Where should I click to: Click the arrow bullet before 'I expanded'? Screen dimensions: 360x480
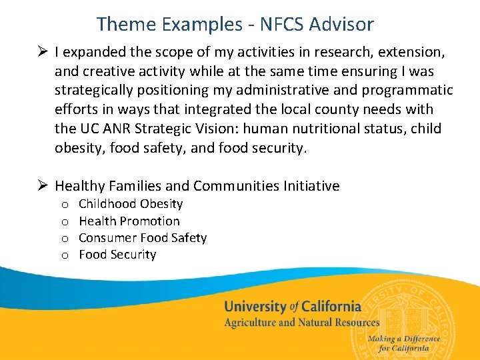tap(42, 51)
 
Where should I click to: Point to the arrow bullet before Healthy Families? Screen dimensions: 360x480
tap(42, 186)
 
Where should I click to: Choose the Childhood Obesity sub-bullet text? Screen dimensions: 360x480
tap(131, 204)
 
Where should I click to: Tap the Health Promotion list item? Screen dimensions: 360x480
tap(129, 221)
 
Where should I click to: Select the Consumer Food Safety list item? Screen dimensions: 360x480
tap(143, 238)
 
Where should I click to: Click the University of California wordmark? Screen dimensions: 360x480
tap(293, 307)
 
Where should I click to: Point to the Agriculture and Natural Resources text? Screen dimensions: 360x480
tap(301, 323)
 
